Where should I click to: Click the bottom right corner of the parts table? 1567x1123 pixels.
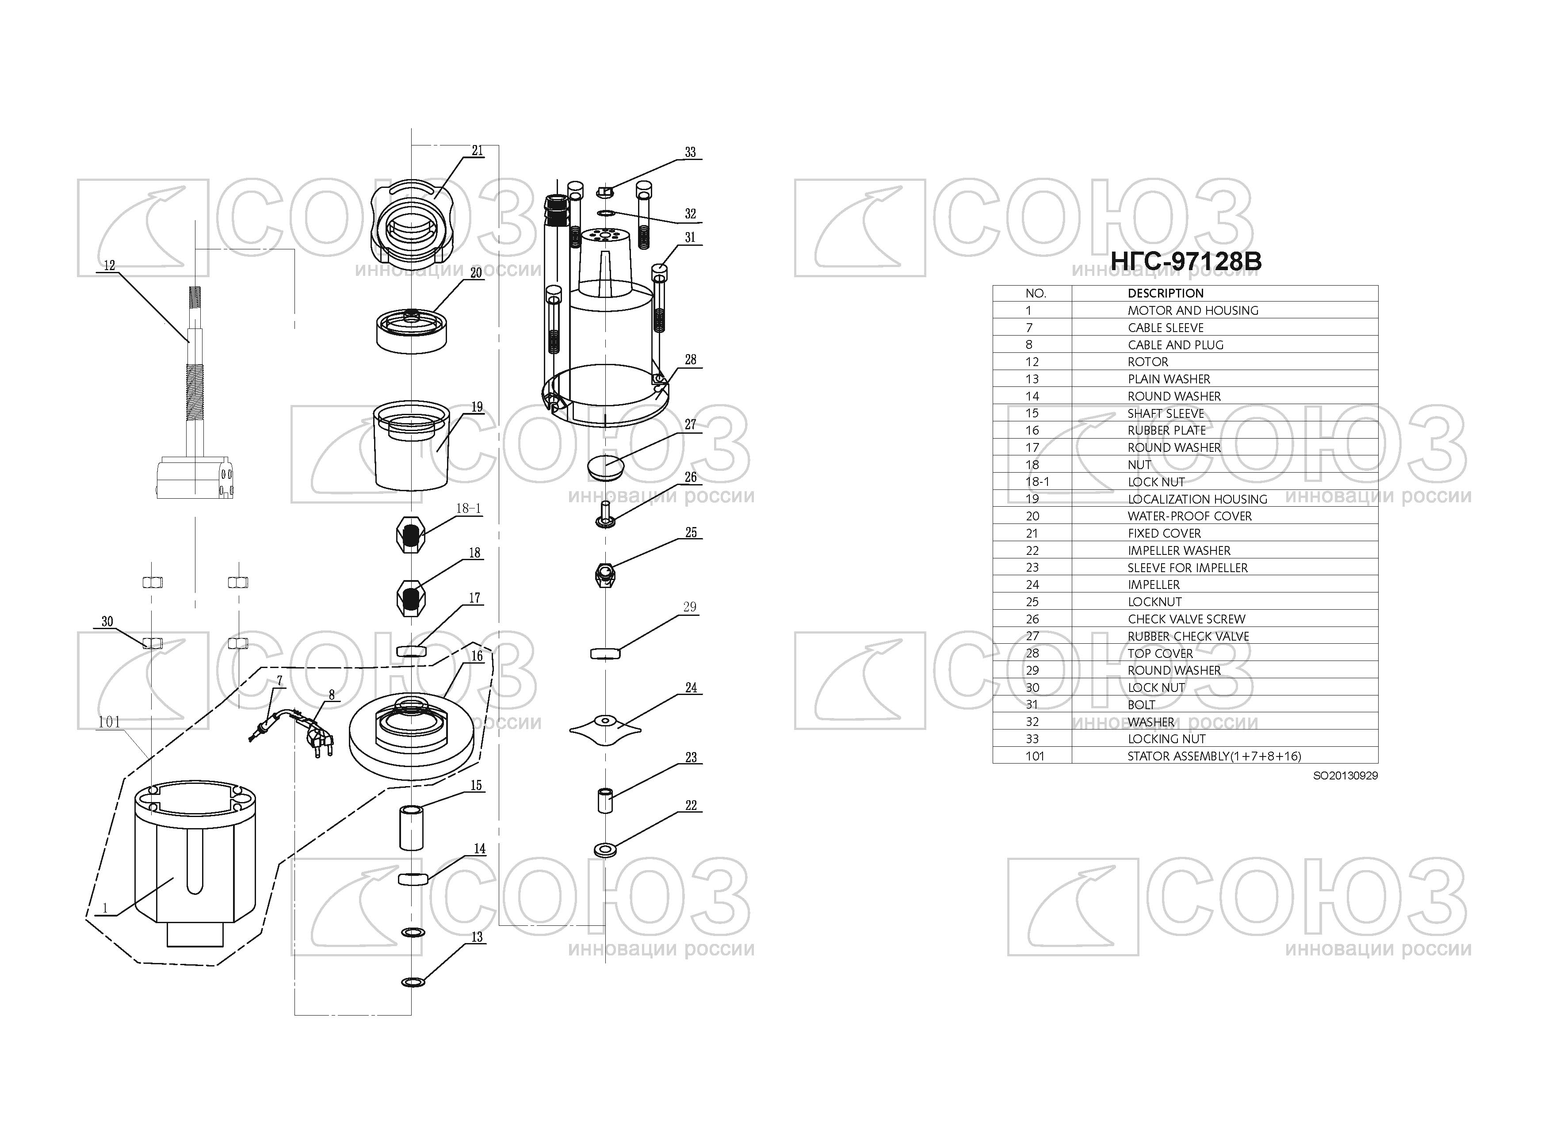1378,763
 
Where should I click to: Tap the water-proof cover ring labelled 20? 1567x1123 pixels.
411,332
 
